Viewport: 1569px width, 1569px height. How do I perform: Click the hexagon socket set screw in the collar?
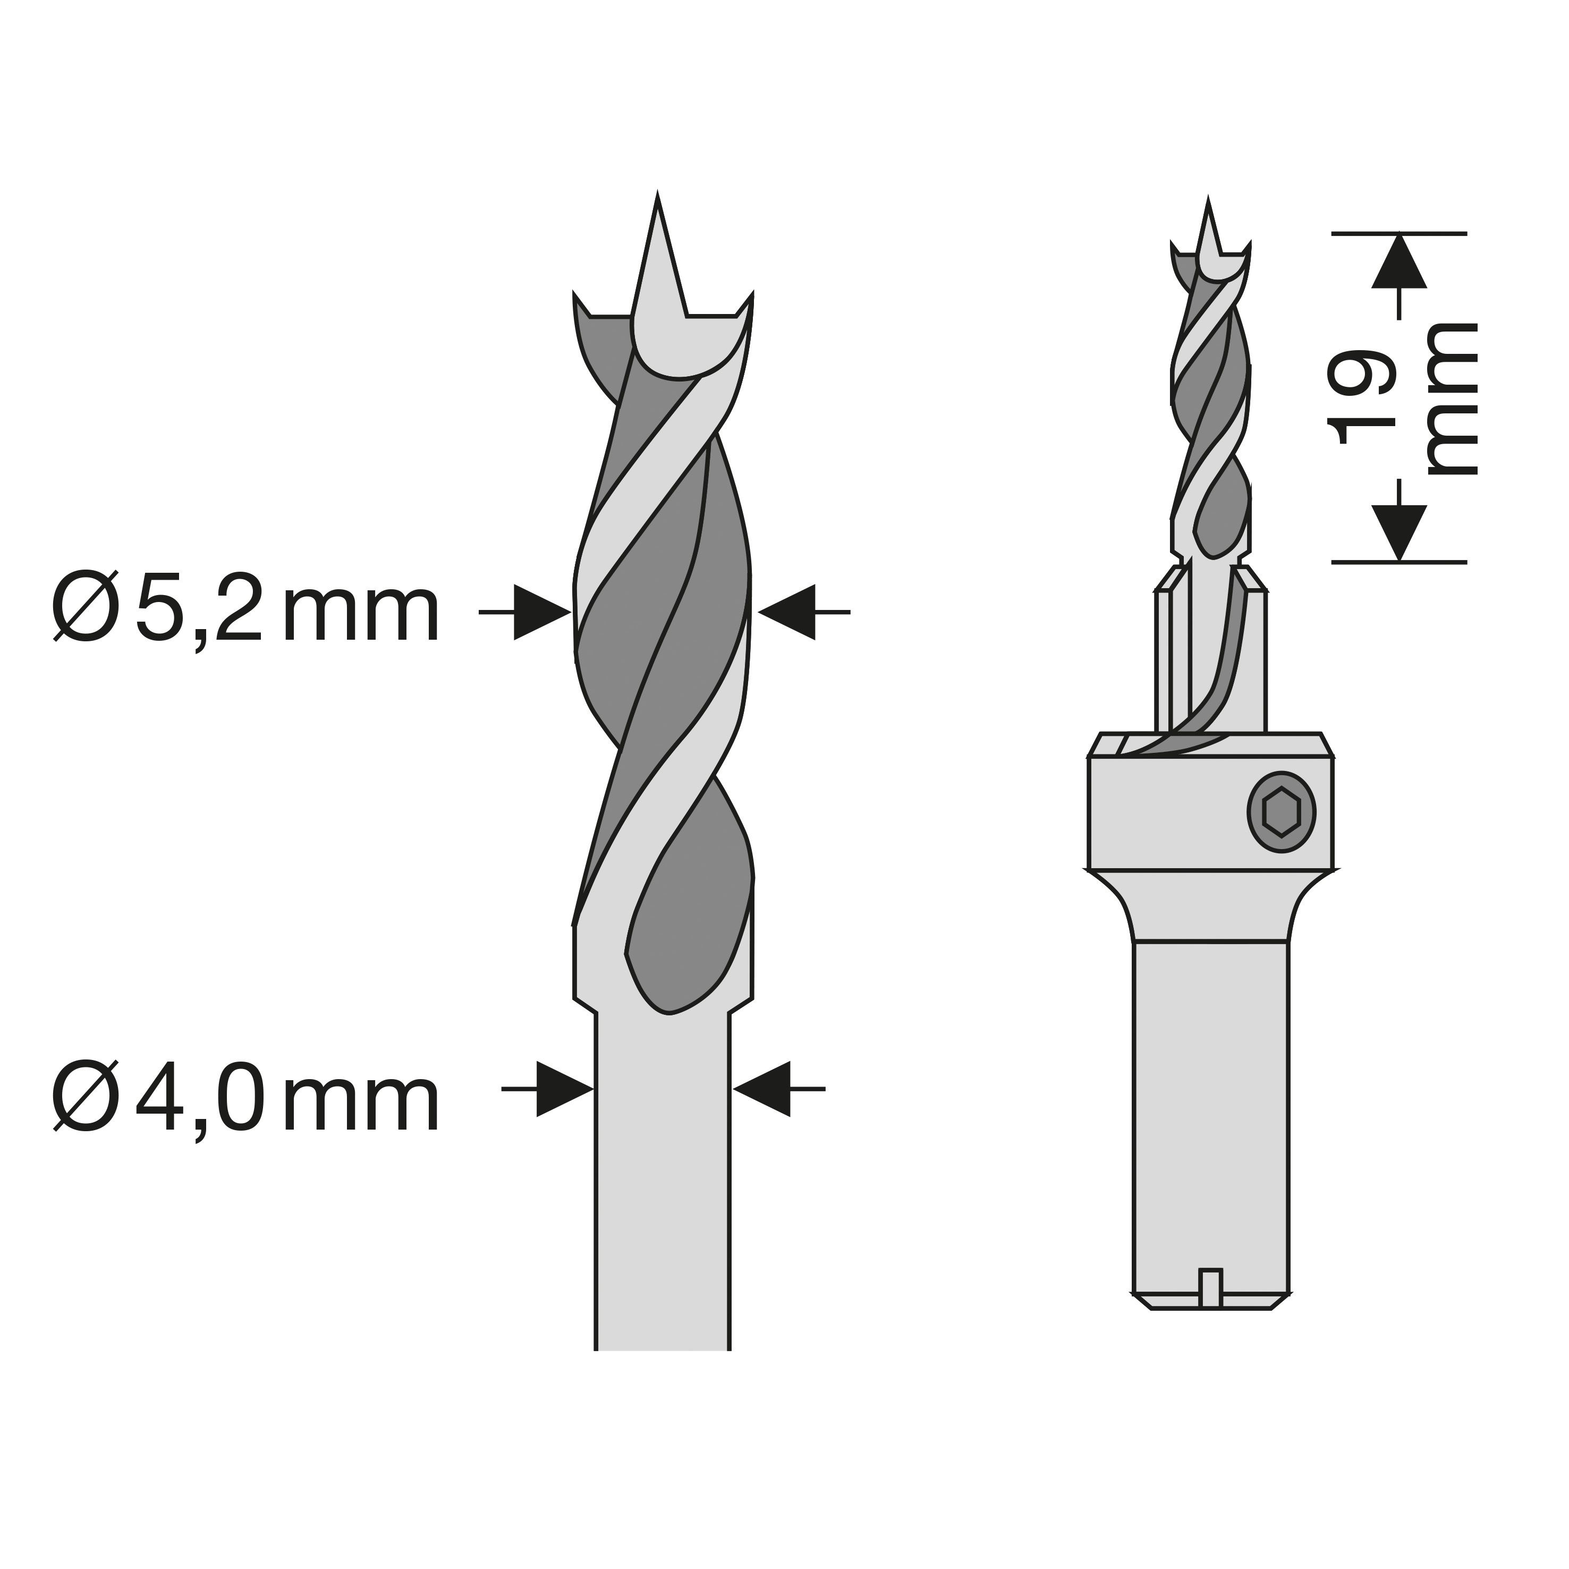[1282, 811]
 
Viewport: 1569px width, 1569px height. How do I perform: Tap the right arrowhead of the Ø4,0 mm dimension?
[762, 1088]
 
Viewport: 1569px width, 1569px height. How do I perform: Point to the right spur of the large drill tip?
[745, 304]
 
